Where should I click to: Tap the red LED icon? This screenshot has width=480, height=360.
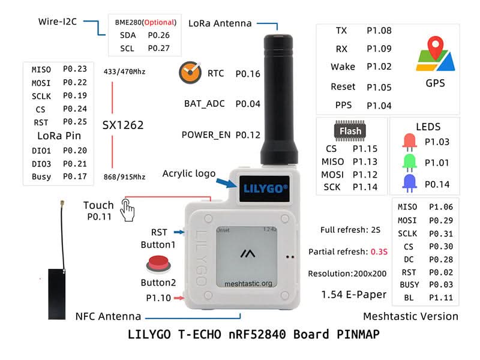pos(410,142)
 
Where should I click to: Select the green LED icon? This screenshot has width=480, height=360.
pos(410,162)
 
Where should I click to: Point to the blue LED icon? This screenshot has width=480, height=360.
pos(410,183)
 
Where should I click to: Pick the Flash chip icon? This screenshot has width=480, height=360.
pos(350,131)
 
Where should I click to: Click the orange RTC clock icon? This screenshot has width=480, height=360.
pos(190,73)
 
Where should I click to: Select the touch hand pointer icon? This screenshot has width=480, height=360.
pos(127,210)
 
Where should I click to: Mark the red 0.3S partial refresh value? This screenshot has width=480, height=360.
pos(379,251)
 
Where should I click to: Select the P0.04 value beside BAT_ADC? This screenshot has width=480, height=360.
pos(248,104)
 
